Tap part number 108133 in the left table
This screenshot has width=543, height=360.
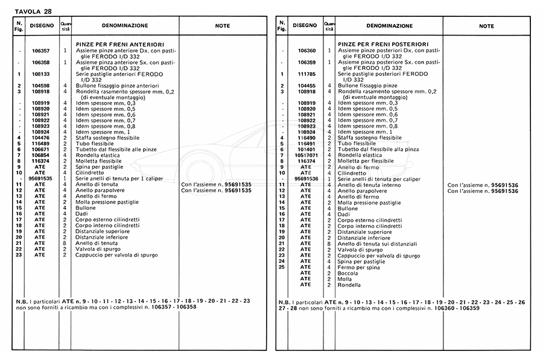(41, 74)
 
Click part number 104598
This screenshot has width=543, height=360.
(41, 86)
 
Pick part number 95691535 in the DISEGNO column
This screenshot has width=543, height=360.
(41, 178)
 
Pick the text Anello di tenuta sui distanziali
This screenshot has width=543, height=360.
(378, 244)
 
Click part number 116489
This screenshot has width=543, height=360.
(41, 144)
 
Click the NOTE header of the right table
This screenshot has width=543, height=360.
(486, 27)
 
